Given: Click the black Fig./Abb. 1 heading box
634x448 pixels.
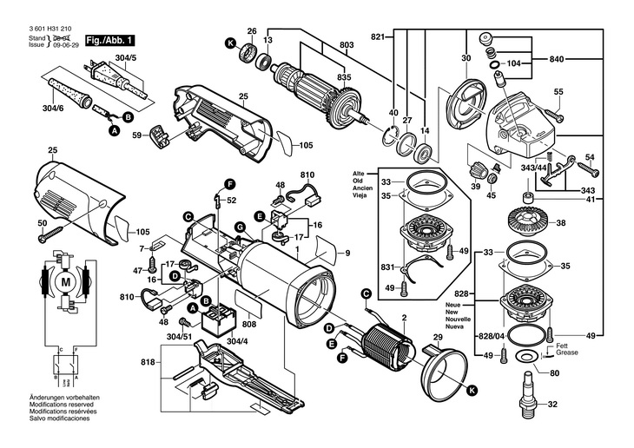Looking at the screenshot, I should tap(107, 40).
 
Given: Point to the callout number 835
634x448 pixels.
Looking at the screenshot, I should tap(346, 77).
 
